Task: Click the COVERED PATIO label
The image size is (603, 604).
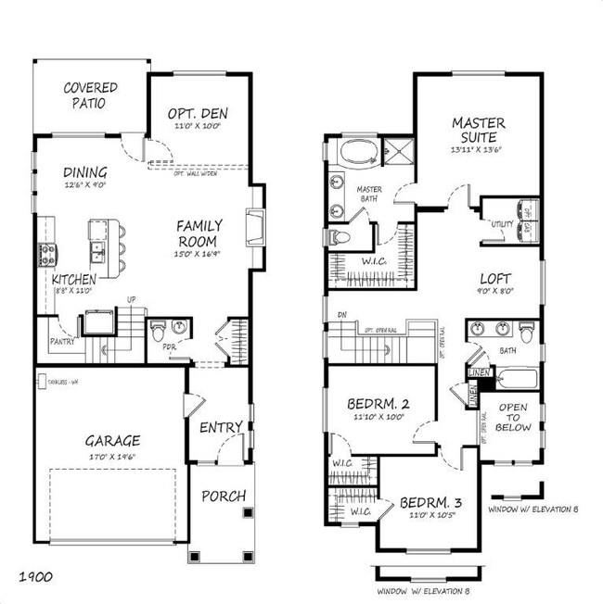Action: coord(90,95)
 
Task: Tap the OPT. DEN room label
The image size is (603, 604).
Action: coord(198,114)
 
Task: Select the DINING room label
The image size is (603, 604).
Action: coord(84,172)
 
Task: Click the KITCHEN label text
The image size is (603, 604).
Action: coord(75,279)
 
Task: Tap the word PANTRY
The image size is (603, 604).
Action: coord(62,342)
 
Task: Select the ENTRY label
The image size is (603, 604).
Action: coord(221,427)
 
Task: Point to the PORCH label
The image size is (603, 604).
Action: coord(224,496)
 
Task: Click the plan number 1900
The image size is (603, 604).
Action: coord(33,577)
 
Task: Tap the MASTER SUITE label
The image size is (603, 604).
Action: coord(479,131)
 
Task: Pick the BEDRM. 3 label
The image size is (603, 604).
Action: coord(432,504)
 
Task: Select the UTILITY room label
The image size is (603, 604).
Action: coord(502,224)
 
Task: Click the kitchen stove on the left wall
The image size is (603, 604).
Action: coord(44,252)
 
